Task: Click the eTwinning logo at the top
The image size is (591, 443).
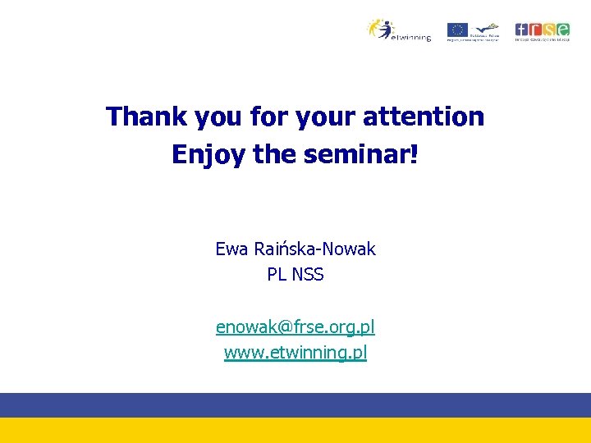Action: coord(398,30)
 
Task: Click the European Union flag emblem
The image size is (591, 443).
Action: coord(456,30)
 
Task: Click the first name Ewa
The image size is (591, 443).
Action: coord(231,249)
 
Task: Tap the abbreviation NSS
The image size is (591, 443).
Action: coord(307,275)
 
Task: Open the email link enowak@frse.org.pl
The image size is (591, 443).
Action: coord(295,327)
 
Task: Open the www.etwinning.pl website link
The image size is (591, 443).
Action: coord(295,354)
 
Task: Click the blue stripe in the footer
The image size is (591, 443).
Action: coord(295,405)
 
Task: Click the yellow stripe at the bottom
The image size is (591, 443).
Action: coord(295,431)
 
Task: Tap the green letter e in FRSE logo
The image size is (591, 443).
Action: coord(562,29)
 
